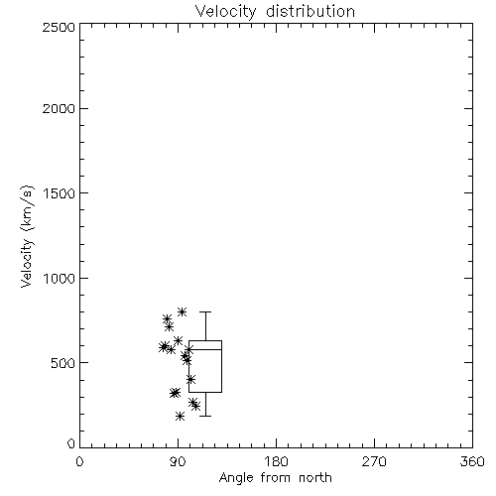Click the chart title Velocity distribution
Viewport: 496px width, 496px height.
(275, 11)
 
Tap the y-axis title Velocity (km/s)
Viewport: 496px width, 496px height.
(27, 236)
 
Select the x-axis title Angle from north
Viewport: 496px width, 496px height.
(275, 478)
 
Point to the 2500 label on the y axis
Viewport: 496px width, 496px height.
(59, 27)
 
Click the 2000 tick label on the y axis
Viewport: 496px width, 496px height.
(59, 108)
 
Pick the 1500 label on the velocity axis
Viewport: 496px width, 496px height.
(60, 193)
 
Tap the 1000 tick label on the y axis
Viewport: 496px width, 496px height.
(60, 278)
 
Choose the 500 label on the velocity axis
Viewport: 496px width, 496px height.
(63, 363)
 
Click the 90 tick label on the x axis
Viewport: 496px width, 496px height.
(178, 461)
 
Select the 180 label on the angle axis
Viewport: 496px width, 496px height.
(276, 461)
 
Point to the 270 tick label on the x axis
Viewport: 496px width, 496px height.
(374, 461)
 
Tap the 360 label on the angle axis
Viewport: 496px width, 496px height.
(472, 461)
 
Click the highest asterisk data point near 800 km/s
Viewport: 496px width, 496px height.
(182, 311)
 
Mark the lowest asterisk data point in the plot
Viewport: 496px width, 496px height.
(180, 416)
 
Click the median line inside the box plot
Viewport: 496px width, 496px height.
(205, 349)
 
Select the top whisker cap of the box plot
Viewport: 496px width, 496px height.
(205, 311)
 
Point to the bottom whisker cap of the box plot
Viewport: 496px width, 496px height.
(205, 416)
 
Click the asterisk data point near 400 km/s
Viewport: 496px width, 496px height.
(190, 379)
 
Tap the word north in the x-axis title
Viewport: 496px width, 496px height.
(315, 478)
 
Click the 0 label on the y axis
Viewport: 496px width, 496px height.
(71, 443)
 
